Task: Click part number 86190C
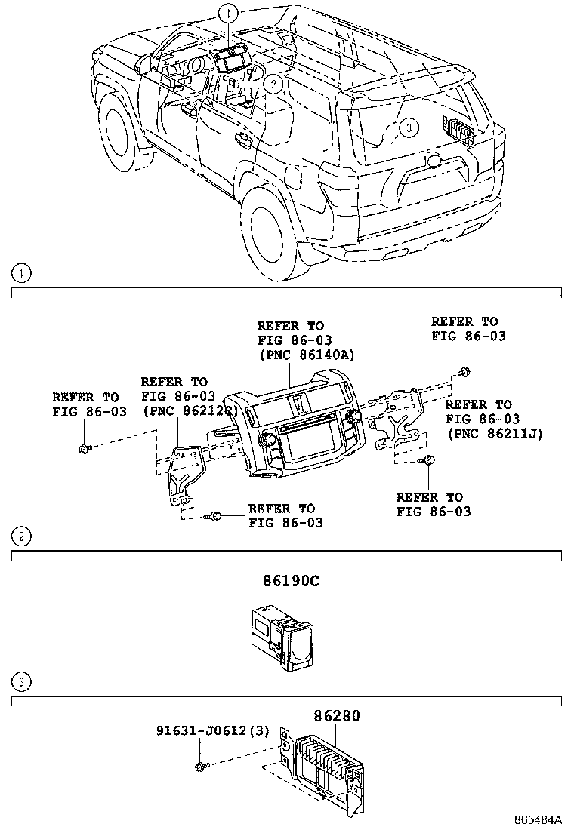(291, 582)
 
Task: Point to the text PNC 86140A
(306, 355)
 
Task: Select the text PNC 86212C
(190, 410)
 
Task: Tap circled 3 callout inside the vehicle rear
(407, 129)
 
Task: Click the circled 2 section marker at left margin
(22, 537)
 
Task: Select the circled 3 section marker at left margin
(22, 683)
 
